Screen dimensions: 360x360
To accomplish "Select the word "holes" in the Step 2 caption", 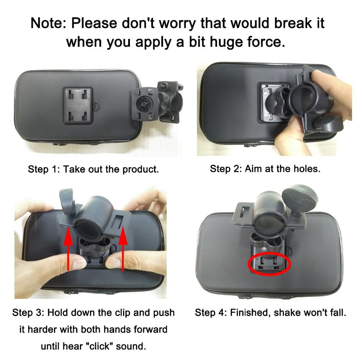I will tap(305, 168).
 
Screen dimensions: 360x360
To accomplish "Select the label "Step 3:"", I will tap(29, 312).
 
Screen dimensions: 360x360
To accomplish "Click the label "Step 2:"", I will tap(226, 168).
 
